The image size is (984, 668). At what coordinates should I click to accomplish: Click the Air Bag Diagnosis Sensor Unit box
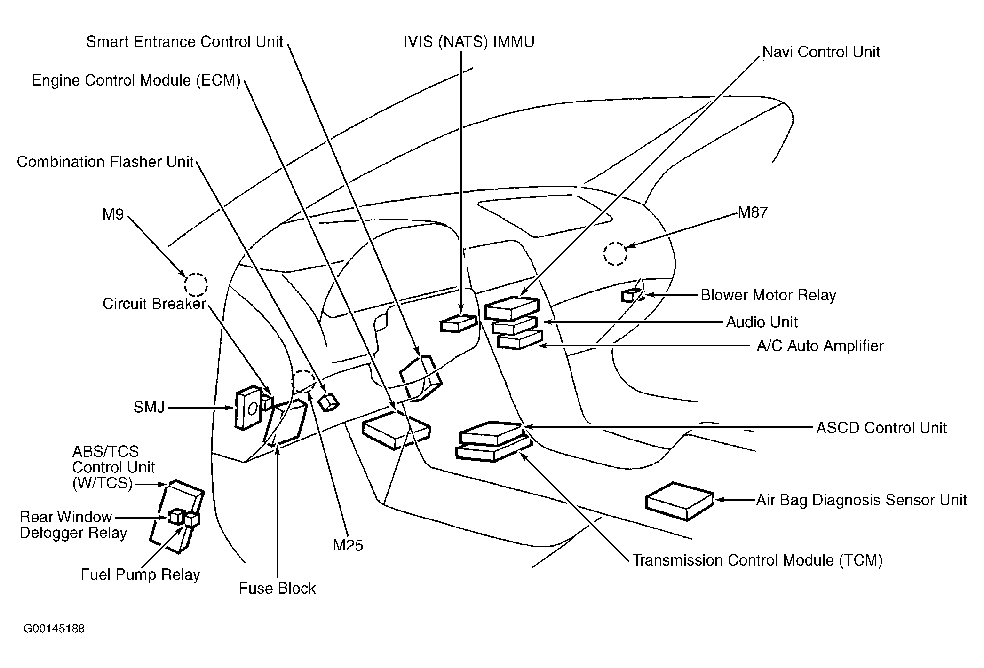(x=680, y=501)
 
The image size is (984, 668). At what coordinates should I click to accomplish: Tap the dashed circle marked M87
(x=615, y=254)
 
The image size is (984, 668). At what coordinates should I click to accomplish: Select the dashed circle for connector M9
(x=196, y=284)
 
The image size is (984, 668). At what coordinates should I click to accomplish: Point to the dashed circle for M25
(x=304, y=381)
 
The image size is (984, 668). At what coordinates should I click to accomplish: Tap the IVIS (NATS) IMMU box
(x=459, y=323)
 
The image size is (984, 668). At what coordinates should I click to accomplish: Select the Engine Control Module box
(x=396, y=430)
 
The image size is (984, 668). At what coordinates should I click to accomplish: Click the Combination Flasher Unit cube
(x=328, y=402)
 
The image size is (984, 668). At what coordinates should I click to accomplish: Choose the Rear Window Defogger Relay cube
(x=176, y=516)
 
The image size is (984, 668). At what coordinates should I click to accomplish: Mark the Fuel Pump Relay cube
(x=192, y=519)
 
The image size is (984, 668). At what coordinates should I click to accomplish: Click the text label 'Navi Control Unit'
(x=821, y=52)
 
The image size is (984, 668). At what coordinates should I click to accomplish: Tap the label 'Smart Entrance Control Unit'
(x=184, y=42)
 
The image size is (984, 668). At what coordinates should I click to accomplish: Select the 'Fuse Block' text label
(x=277, y=589)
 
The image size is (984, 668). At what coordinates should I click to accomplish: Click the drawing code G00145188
(x=54, y=629)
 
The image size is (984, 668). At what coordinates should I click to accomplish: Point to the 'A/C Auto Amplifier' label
(x=820, y=346)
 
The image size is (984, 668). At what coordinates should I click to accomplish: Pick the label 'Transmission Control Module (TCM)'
(x=757, y=560)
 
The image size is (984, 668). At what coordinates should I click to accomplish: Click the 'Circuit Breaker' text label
(x=154, y=304)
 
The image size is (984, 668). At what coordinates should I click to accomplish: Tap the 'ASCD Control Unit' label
(x=881, y=428)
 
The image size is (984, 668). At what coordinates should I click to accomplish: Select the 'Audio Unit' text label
(x=762, y=322)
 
